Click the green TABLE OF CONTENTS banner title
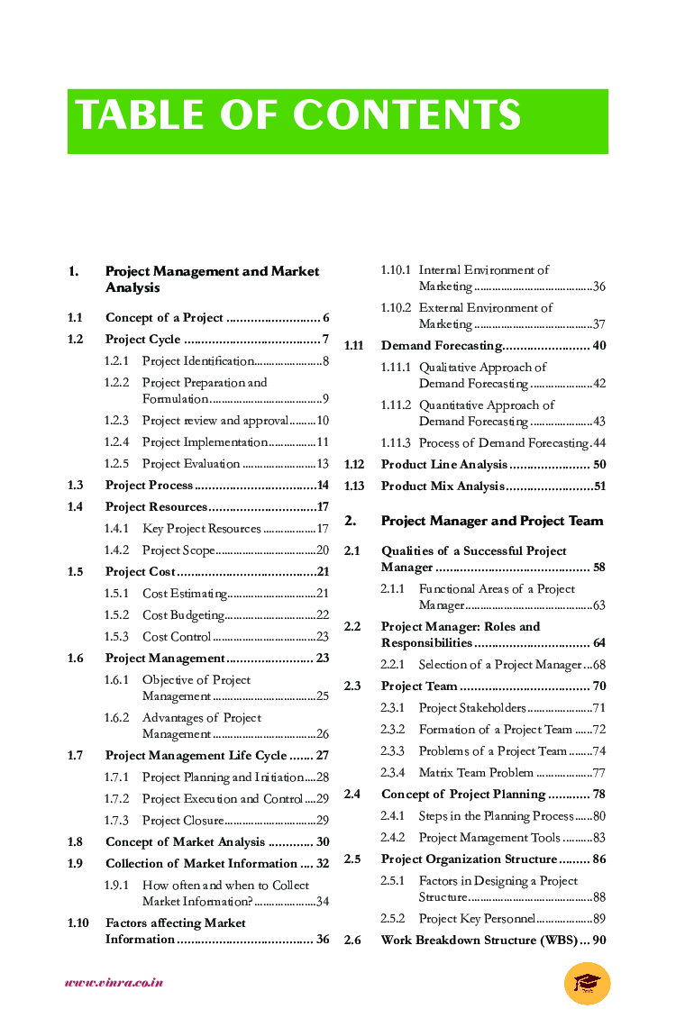click(x=298, y=116)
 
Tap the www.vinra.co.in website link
click(x=114, y=983)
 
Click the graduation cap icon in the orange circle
click(x=587, y=982)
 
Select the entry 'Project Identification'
click(x=197, y=361)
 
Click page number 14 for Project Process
click(x=323, y=486)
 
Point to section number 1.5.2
click(x=116, y=615)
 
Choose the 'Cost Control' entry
click(x=176, y=637)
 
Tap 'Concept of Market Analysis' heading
click(x=185, y=842)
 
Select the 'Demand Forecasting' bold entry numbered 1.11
click(x=441, y=346)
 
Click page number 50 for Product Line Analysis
click(x=599, y=465)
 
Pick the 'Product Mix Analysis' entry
click(x=442, y=486)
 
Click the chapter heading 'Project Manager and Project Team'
click(x=492, y=521)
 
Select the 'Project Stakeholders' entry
click(x=471, y=708)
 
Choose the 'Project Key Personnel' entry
click(x=477, y=919)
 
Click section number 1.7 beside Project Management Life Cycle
click(x=75, y=756)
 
